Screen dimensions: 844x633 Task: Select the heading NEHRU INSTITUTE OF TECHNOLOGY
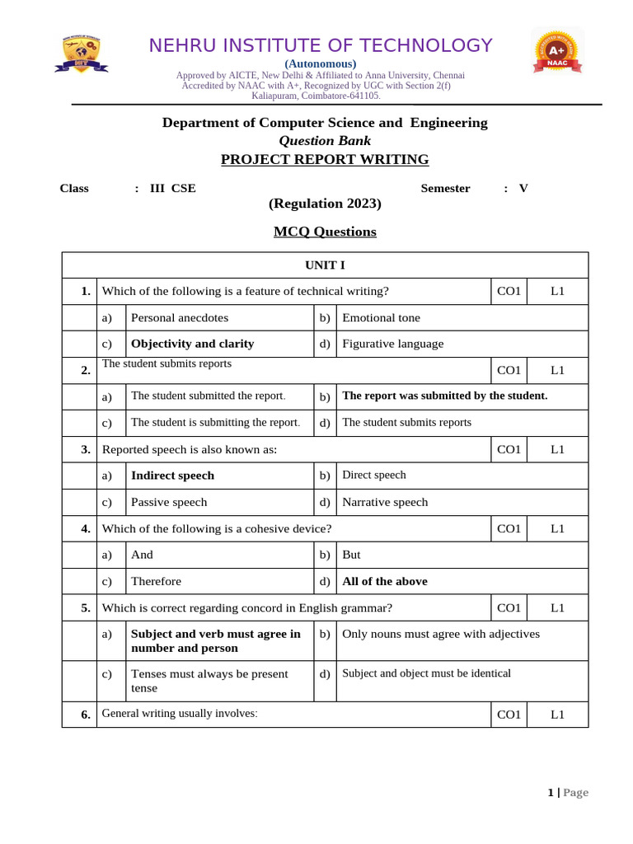(x=321, y=45)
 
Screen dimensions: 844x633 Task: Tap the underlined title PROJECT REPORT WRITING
(x=325, y=159)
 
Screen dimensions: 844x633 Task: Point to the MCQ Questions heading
(x=325, y=232)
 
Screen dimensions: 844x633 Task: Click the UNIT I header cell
(x=325, y=265)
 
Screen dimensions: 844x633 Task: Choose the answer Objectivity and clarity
(x=192, y=344)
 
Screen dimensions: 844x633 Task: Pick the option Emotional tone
(x=381, y=317)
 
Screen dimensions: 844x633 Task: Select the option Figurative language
(x=392, y=344)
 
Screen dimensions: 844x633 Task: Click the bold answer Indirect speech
(x=172, y=476)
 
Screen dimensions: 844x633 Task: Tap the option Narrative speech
(x=385, y=502)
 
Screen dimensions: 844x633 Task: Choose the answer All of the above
(x=384, y=581)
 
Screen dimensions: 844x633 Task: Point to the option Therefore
(x=156, y=581)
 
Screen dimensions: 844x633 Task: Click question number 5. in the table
(x=86, y=607)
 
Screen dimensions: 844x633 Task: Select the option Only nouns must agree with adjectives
(x=441, y=634)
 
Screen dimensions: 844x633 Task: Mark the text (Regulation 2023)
(x=325, y=204)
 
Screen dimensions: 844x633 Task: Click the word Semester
(x=445, y=188)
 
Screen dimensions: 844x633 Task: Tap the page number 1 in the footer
(x=551, y=792)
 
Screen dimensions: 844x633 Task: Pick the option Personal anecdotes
(x=180, y=317)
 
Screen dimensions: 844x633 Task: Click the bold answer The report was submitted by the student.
(x=444, y=396)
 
